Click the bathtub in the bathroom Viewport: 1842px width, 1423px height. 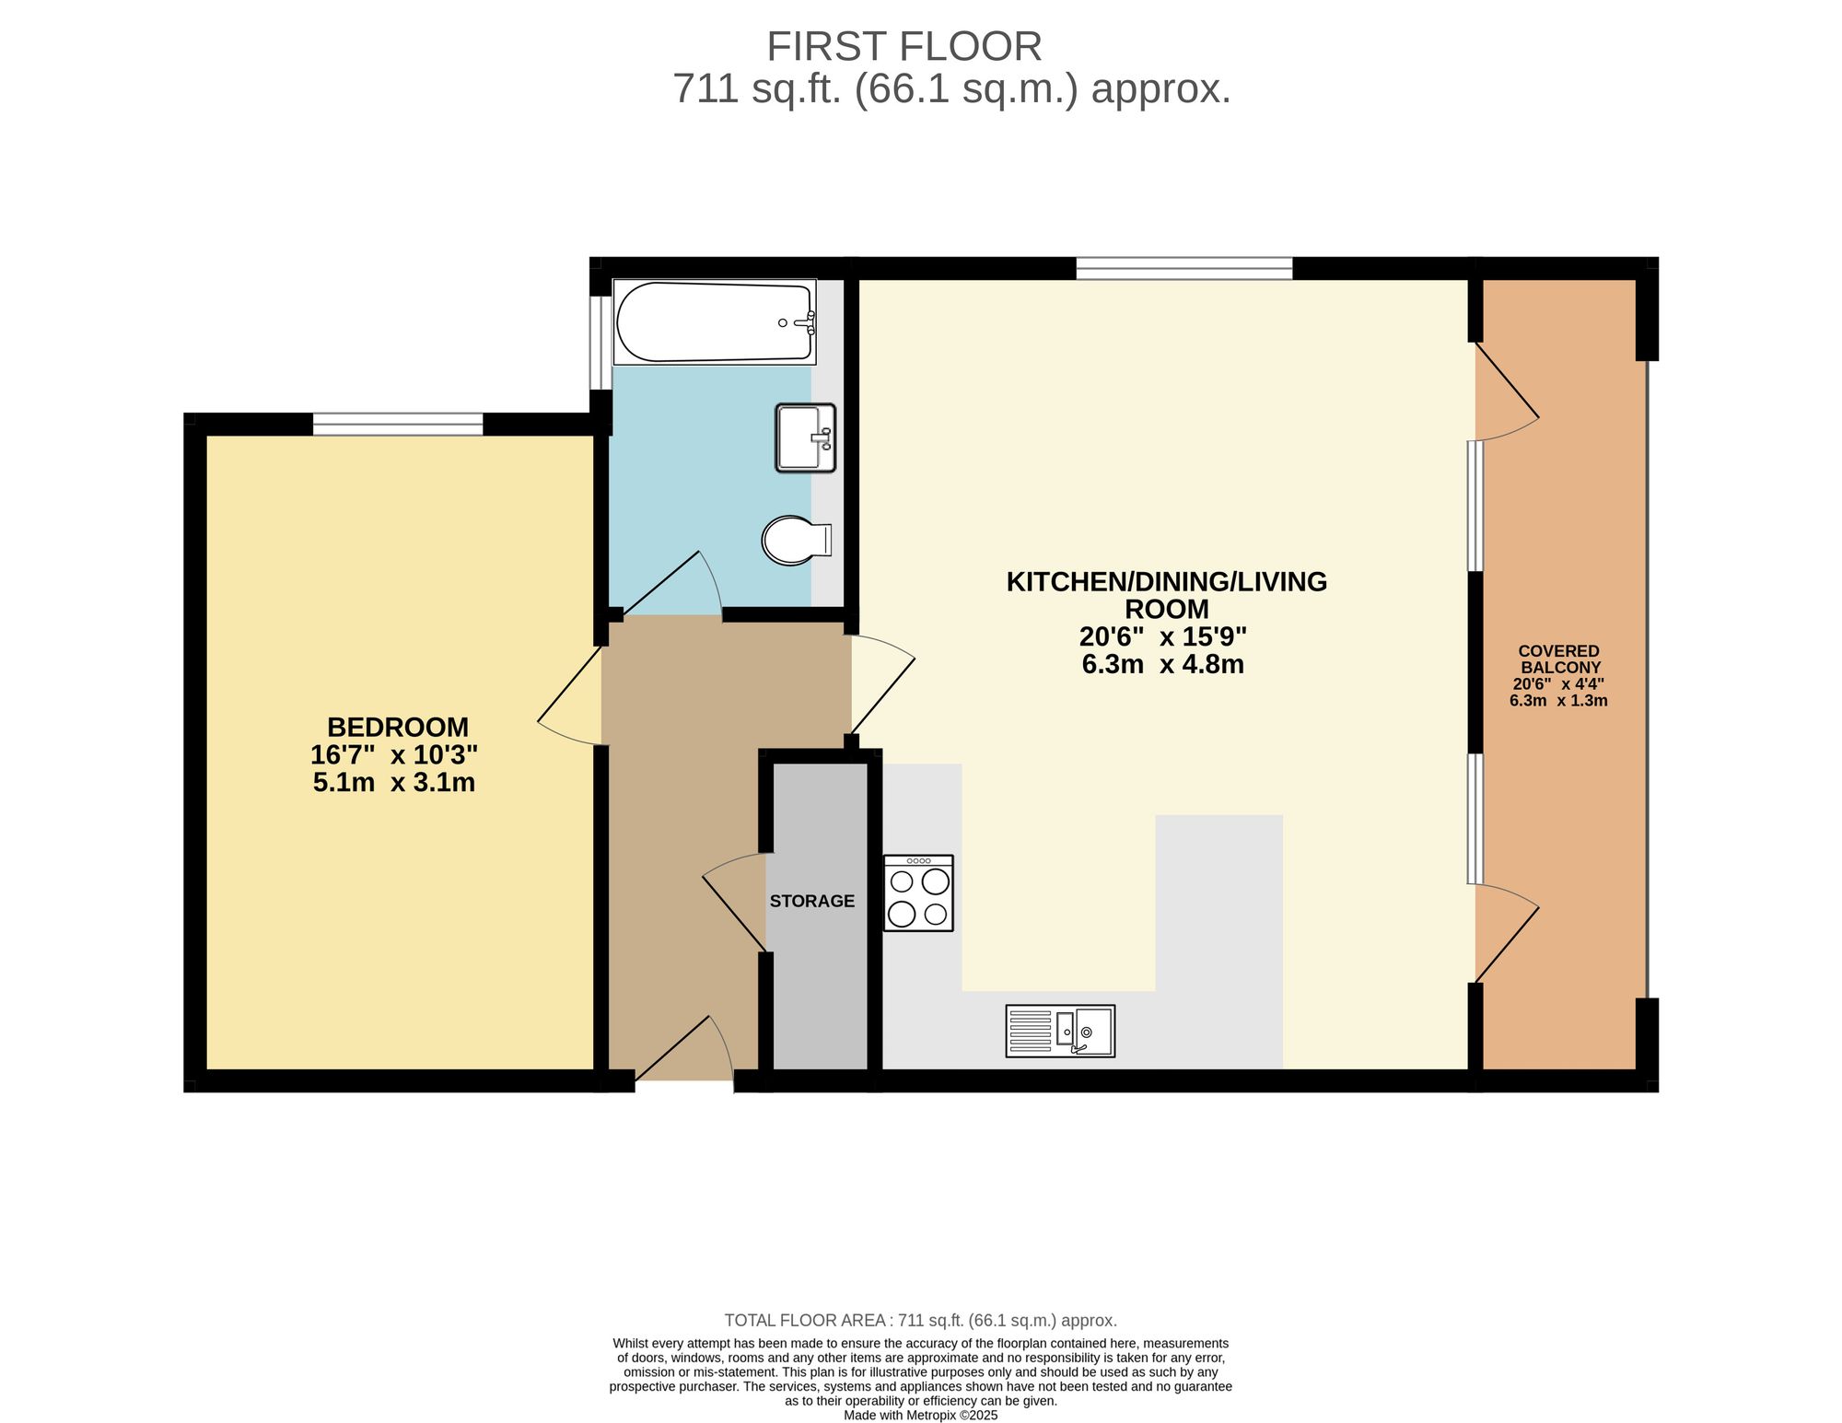click(x=714, y=322)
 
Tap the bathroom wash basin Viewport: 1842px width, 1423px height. click(x=805, y=437)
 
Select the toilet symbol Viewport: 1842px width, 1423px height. click(x=794, y=540)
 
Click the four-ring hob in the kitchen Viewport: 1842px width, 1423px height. click(x=918, y=893)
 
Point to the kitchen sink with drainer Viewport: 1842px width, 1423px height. click(x=1060, y=1031)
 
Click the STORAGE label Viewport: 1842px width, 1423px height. click(x=812, y=902)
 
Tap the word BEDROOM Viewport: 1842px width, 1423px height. click(x=398, y=728)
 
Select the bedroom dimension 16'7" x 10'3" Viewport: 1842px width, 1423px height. click(x=394, y=755)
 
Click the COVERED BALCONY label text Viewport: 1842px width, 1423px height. click(x=1559, y=659)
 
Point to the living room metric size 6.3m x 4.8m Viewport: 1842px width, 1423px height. click(x=1162, y=664)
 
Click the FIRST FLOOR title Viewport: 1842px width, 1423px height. click(x=904, y=46)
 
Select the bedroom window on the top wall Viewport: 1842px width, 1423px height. click(x=398, y=424)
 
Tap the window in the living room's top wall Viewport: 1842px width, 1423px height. click(x=1184, y=268)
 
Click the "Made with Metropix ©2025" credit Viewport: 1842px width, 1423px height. click(x=920, y=1416)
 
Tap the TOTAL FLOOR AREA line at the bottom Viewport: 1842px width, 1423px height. click(x=920, y=1321)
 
